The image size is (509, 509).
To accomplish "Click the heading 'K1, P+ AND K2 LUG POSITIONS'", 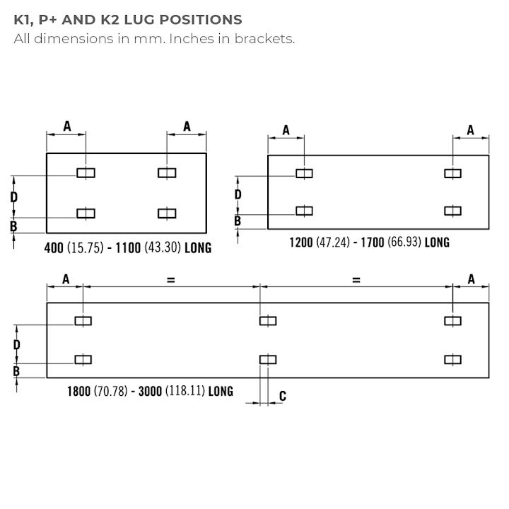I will pos(128,20).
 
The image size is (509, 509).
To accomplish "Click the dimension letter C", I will pos(283,396).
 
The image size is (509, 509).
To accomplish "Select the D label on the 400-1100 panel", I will pos(14,197).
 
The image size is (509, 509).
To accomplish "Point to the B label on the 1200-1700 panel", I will pos(238,221).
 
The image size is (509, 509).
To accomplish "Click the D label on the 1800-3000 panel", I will pos(16,344).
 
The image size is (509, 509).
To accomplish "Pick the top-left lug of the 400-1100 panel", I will pos(86,173).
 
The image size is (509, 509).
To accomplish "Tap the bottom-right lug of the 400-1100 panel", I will pos(167,213).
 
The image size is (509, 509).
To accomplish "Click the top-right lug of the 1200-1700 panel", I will pos(452,173).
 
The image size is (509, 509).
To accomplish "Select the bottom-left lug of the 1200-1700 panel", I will pos(304,211).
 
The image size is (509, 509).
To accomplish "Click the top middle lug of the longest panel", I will pos(267,321).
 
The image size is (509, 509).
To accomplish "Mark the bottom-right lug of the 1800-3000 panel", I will pos(453,359).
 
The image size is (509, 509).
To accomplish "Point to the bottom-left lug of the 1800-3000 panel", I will pos(83,359).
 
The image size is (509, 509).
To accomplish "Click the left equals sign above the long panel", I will pos(170,280).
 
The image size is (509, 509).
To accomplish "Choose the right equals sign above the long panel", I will pos(356,280).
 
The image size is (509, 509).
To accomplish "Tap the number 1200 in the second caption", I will pos(301,242).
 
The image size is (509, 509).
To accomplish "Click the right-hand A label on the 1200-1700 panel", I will pos(471,130).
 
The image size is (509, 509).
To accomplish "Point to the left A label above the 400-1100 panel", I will pos(67,126).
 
